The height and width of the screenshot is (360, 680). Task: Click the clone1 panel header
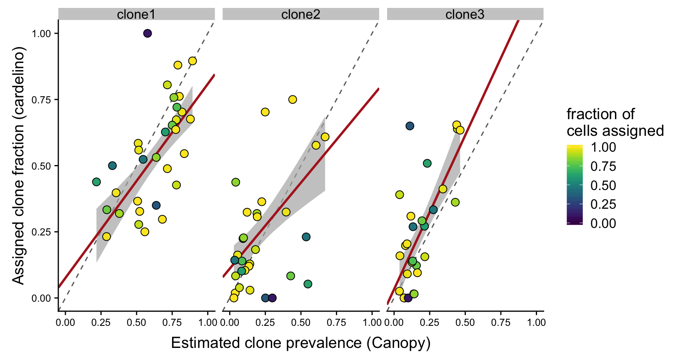(x=136, y=15)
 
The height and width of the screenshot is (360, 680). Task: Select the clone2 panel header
(x=300, y=15)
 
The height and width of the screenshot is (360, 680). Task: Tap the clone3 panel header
(x=465, y=15)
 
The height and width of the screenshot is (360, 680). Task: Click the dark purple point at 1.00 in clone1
(x=147, y=33)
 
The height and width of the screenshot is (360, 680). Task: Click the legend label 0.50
(x=603, y=185)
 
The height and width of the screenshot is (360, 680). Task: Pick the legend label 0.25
(x=603, y=204)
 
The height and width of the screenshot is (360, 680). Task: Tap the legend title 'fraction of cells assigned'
(x=615, y=122)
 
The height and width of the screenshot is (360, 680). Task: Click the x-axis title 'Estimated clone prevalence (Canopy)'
(x=300, y=343)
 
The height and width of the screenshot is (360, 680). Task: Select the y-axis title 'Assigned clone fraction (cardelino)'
(x=19, y=165)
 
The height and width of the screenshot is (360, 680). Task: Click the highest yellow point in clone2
(x=292, y=100)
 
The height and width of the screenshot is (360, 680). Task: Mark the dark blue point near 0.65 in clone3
(x=410, y=126)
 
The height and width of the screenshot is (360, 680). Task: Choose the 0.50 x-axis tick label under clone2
(x=300, y=322)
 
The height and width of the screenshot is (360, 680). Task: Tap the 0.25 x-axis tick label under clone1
(x=100, y=322)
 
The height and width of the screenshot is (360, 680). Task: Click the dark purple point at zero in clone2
(x=272, y=298)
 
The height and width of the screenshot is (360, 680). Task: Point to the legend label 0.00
(x=603, y=224)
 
